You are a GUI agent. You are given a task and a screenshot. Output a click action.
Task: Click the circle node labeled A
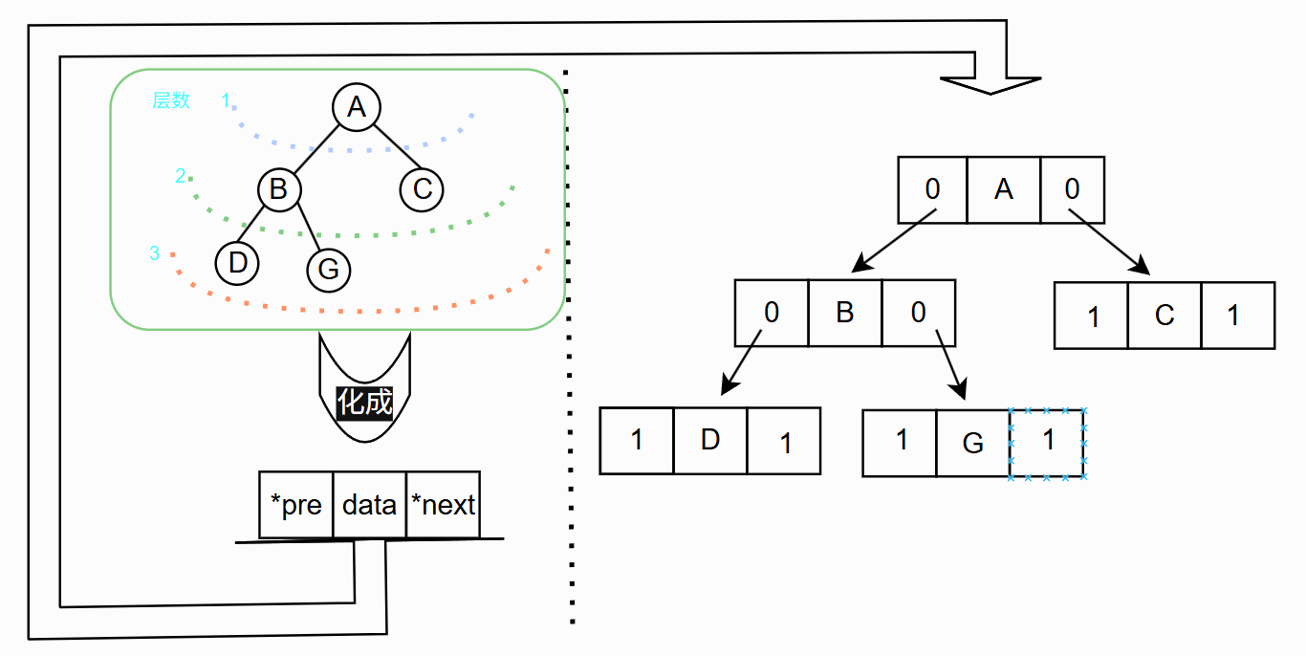pos(357,107)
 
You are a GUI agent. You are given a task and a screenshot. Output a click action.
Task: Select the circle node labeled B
pos(278,188)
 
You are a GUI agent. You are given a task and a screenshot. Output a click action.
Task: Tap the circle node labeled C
pos(423,188)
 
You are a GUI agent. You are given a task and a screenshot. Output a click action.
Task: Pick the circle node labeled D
pos(238,263)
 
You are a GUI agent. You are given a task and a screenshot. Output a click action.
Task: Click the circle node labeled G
pos(328,270)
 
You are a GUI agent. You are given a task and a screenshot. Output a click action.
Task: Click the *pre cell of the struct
pos(296,504)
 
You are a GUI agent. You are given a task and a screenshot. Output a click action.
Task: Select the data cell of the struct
pos(369,504)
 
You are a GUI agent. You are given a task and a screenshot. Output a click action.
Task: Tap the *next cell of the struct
pos(443,504)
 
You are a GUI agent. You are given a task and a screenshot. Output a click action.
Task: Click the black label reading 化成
pos(365,402)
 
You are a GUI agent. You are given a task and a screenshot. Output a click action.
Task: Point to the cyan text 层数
pos(171,100)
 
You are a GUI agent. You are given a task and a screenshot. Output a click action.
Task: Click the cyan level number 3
pos(155,253)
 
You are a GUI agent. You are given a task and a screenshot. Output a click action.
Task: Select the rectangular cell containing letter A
pos(1003,189)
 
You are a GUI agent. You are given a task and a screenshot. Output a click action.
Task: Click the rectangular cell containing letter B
pos(844,313)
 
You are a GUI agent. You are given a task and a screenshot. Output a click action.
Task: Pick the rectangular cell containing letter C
pos(1164,315)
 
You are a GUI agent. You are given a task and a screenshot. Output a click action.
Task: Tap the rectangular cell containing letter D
pos(709,440)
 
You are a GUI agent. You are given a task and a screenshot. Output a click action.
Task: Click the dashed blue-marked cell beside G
pos(1048,443)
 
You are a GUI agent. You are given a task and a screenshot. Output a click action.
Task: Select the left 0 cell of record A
pos(932,189)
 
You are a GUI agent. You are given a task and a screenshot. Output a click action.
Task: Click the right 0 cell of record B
pos(918,313)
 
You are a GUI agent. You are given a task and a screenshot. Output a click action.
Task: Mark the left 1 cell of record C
pos(1091,315)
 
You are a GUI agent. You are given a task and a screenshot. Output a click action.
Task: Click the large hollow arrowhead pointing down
pos(990,84)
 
